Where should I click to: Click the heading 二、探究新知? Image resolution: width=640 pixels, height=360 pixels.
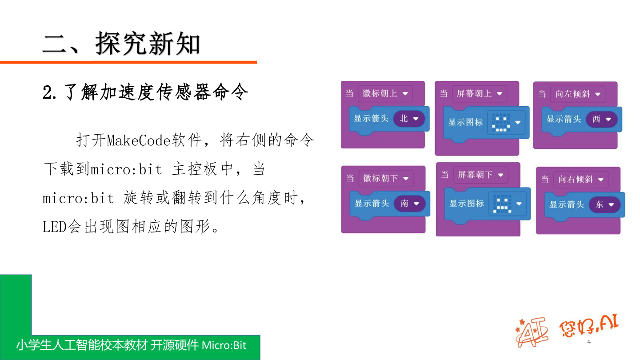tap(121, 44)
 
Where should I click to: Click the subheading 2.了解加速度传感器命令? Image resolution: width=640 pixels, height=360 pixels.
tap(145, 92)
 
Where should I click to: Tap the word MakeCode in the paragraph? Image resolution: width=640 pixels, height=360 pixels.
tap(138, 140)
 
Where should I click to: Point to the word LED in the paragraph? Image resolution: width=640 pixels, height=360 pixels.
tap(55, 227)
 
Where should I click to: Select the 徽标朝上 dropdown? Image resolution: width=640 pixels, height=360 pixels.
tap(385, 93)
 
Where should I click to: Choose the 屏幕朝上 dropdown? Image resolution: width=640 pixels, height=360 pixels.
tap(480, 93)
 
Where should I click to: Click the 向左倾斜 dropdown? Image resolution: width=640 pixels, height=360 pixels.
tap(578, 94)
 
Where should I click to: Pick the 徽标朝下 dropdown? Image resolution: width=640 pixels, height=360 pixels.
tap(386, 179)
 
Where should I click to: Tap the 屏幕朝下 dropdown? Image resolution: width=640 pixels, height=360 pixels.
tap(480, 175)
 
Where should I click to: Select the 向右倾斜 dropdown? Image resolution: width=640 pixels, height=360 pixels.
tap(580, 180)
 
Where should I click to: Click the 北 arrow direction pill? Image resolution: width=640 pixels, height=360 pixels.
tap(409, 119)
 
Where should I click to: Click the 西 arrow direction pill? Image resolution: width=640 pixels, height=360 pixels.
tap(601, 119)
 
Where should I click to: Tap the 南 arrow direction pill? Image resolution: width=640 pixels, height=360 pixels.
tap(409, 204)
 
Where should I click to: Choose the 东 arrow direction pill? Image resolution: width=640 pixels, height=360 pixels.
tap(604, 204)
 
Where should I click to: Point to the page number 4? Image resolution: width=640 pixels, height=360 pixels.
tap(589, 341)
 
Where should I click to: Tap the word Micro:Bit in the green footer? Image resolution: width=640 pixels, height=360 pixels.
tap(224, 345)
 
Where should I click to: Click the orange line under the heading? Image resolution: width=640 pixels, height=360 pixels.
tap(128, 62)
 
